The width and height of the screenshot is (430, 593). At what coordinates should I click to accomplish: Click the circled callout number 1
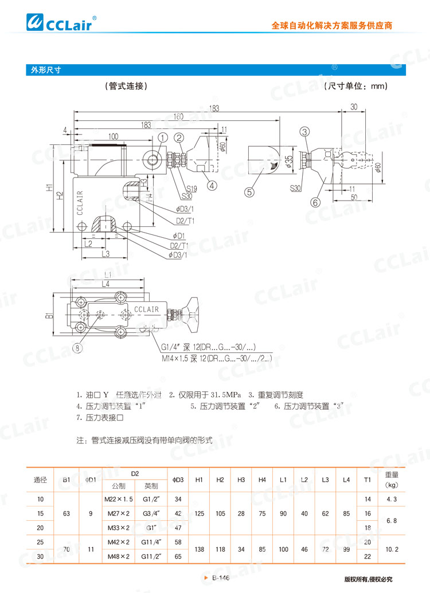163,138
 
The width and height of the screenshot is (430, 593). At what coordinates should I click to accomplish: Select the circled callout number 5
249,193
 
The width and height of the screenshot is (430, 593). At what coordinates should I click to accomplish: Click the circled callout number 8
77,347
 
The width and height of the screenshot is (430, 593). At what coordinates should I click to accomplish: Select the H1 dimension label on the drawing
50,187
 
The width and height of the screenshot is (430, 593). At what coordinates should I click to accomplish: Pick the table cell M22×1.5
119,484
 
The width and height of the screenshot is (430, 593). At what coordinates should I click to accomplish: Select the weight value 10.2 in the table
392,548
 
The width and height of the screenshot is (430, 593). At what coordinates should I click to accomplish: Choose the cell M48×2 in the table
118,556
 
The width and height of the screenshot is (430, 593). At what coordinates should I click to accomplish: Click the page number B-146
221,579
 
